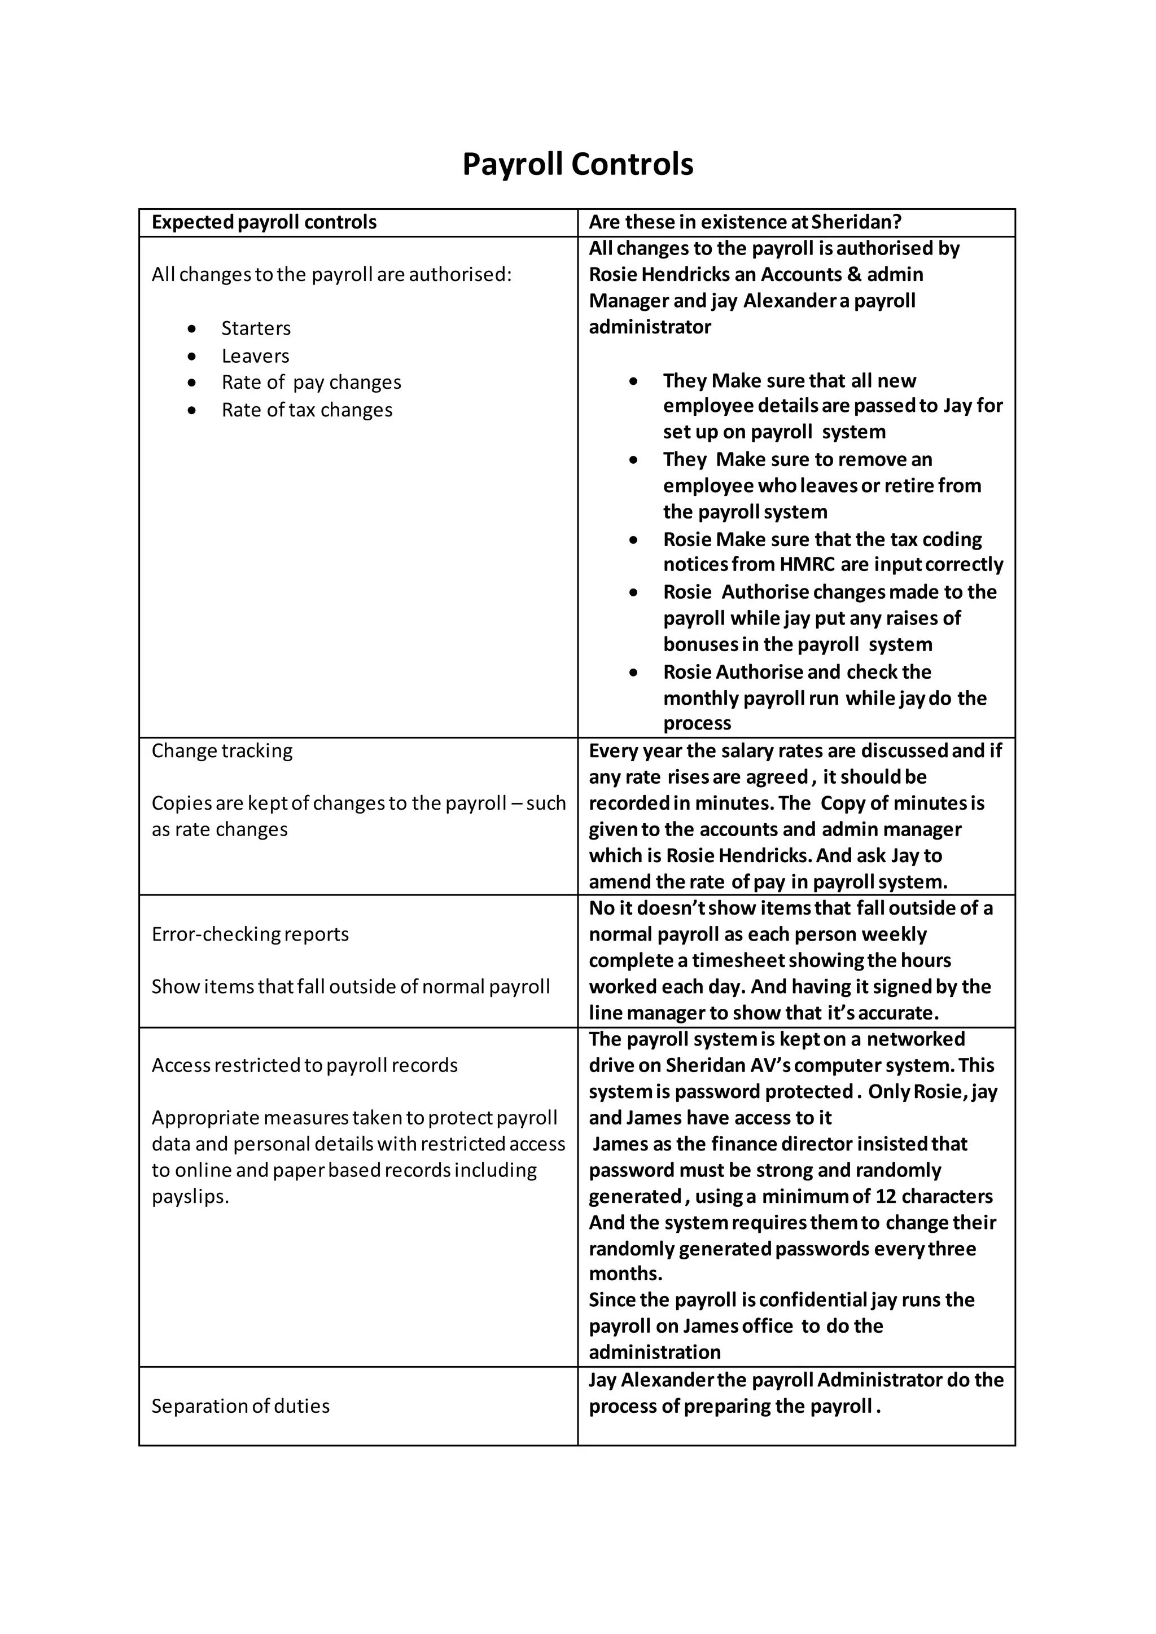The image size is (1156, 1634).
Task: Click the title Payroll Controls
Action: pyautogui.click(x=577, y=164)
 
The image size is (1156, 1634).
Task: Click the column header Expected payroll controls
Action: pyautogui.click(x=264, y=222)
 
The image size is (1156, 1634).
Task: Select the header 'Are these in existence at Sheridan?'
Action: pyautogui.click(x=745, y=222)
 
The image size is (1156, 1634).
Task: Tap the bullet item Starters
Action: pyautogui.click(x=256, y=328)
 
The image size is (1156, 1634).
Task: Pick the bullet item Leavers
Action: pyautogui.click(x=255, y=356)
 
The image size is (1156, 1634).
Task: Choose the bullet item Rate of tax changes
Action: pyautogui.click(x=307, y=410)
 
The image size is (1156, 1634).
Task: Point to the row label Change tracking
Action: pyautogui.click(x=222, y=751)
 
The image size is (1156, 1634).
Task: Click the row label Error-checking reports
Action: pyautogui.click(x=250, y=934)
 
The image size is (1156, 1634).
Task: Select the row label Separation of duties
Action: pyautogui.click(x=240, y=1406)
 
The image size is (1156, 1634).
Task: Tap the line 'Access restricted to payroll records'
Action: pyautogui.click(x=305, y=1065)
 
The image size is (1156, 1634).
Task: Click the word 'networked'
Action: pyautogui.click(x=916, y=1039)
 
